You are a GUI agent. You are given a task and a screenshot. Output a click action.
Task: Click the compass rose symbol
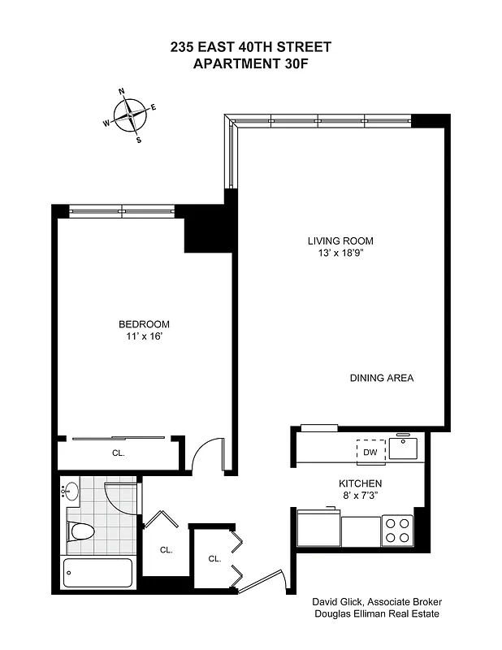(x=130, y=115)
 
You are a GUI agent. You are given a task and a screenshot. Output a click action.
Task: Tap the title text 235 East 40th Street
(x=250, y=47)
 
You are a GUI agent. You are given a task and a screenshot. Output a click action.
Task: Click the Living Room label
(x=340, y=240)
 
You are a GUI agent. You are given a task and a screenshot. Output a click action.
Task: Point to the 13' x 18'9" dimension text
(x=340, y=253)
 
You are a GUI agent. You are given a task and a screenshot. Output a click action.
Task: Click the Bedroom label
(x=145, y=324)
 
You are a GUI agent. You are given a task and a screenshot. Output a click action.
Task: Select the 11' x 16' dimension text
(x=145, y=336)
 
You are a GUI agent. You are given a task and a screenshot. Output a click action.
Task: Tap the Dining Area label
(x=382, y=378)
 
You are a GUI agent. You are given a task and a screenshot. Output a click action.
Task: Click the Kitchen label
(x=361, y=483)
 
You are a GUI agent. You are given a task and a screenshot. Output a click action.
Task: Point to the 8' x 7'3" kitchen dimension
(x=361, y=495)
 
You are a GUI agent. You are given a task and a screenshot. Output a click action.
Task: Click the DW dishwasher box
(x=370, y=452)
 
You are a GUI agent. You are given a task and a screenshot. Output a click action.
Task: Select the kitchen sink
(x=403, y=448)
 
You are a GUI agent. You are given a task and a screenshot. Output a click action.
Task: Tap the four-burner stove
(x=397, y=530)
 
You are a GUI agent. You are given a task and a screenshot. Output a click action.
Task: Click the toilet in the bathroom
(x=81, y=531)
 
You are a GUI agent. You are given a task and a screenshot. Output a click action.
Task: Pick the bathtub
(x=98, y=575)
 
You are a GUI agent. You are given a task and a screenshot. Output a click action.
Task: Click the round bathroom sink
(x=71, y=491)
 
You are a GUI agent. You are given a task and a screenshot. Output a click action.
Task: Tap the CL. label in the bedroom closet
(x=119, y=453)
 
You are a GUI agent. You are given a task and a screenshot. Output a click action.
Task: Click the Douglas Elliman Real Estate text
(x=376, y=614)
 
